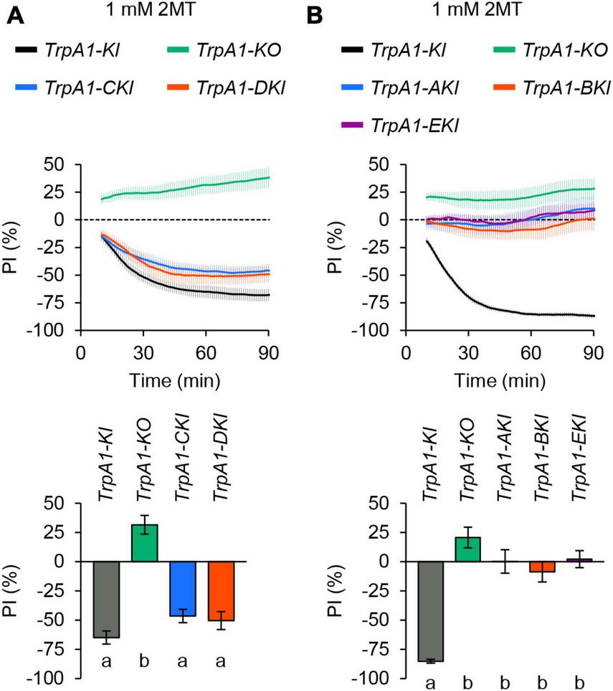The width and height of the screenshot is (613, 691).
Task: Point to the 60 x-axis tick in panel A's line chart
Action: (206, 352)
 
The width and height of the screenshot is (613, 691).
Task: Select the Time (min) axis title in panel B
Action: (499, 379)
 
